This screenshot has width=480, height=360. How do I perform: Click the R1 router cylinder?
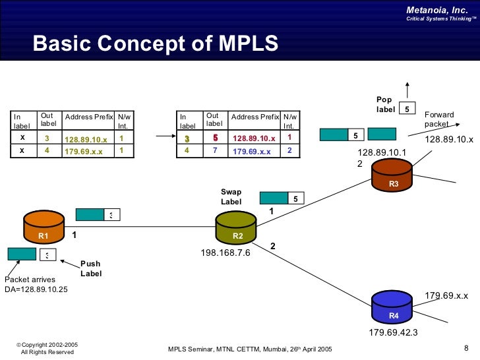(x=44, y=227)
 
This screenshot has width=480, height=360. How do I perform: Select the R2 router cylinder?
(x=236, y=227)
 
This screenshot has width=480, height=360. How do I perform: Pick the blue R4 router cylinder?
(x=393, y=308)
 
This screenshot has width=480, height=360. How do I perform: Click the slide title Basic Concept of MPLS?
(x=156, y=44)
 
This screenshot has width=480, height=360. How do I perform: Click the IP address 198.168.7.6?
(x=225, y=253)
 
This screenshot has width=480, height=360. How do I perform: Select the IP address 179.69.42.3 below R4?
(x=393, y=332)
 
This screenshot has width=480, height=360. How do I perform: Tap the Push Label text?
(x=91, y=268)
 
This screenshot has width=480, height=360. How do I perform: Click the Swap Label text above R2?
(x=231, y=196)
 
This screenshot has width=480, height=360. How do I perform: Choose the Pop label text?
(x=386, y=105)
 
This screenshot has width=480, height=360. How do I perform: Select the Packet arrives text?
(x=30, y=280)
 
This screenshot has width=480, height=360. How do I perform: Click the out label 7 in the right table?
(x=214, y=150)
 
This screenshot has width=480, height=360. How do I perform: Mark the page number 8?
(x=466, y=348)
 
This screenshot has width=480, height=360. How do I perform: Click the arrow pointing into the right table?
(x=164, y=137)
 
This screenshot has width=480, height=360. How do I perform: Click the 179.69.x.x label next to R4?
(x=446, y=295)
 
